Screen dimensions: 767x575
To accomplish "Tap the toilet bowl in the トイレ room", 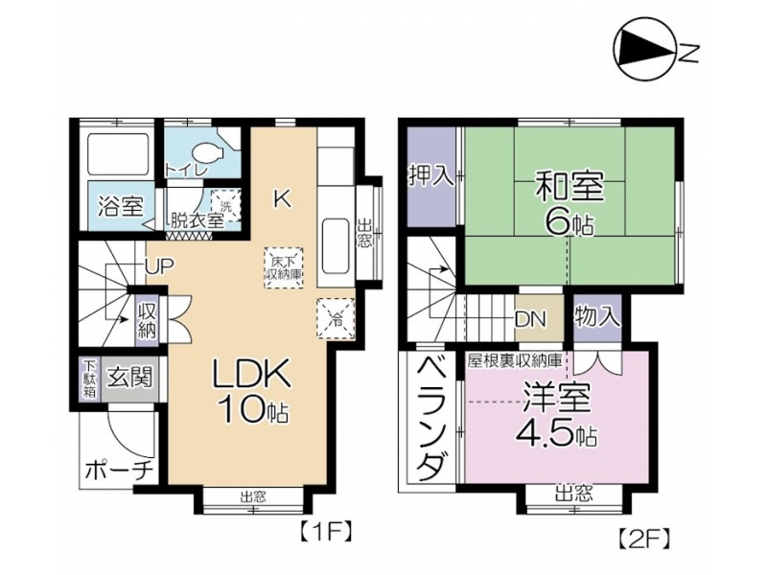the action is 208,152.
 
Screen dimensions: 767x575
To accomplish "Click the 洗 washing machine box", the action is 226,204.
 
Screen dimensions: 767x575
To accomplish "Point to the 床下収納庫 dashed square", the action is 284,268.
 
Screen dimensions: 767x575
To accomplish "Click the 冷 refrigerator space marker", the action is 337,318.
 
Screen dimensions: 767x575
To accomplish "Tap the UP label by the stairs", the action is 159,265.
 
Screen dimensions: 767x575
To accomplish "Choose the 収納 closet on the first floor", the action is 147,321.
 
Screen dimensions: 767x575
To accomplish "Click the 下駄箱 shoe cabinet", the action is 89,379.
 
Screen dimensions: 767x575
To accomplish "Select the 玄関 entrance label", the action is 130,378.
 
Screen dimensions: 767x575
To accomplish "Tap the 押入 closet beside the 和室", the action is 432,176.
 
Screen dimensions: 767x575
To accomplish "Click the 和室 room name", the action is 569,186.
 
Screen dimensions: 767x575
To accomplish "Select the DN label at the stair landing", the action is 530,319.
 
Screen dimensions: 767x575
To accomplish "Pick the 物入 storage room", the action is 596,318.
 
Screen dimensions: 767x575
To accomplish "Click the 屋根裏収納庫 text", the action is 515,361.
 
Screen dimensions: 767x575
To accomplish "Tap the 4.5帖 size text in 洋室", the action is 557,433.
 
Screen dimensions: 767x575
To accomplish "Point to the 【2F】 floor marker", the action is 641,539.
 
